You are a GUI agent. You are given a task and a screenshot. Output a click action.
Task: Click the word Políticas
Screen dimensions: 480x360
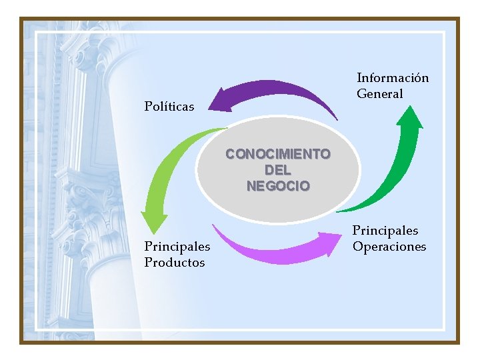click(x=169, y=107)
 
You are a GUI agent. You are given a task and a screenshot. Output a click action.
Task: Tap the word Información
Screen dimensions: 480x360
click(x=393, y=78)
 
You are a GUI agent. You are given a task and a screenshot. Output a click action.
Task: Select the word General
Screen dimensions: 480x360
click(x=380, y=94)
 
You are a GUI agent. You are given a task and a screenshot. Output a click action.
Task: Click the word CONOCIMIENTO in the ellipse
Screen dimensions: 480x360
click(x=277, y=154)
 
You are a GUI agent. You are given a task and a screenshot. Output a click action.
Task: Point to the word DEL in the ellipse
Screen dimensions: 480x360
click(x=277, y=170)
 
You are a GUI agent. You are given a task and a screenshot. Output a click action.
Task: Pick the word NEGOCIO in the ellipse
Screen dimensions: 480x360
click(x=277, y=186)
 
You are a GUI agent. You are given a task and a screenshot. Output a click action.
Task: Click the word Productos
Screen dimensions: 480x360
click(x=175, y=263)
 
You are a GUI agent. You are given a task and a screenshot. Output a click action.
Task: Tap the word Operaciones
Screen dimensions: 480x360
click(x=389, y=247)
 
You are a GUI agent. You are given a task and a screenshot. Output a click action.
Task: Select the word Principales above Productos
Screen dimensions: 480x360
click(x=177, y=247)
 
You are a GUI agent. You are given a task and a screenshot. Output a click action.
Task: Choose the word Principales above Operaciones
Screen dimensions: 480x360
click(x=385, y=231)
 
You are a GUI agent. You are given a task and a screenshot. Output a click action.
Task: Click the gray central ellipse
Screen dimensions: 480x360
click(x=277, y=200)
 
